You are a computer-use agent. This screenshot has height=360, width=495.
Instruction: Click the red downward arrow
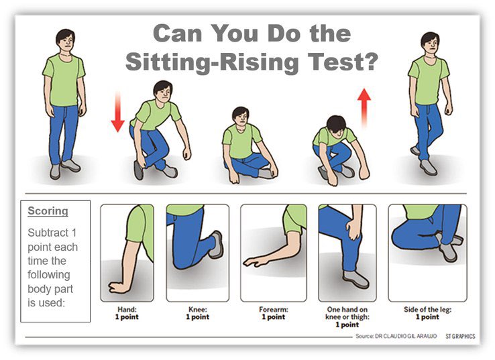point(118,112)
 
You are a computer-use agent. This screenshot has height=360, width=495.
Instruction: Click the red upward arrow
point(364,107)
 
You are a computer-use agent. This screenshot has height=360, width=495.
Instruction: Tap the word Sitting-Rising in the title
point(212,62)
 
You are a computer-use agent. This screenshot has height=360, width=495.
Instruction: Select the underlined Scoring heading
point(48,211)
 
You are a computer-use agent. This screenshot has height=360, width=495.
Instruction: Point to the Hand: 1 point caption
point(127,313)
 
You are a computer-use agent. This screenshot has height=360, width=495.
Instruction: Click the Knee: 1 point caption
point(198,313)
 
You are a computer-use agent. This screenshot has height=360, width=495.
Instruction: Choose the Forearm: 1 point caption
point(274,313)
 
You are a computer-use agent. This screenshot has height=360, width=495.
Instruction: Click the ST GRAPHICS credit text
point(460,337)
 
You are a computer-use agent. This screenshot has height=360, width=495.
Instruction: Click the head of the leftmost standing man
point(66,41)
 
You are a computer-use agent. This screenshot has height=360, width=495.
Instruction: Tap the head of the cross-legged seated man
point(241,117)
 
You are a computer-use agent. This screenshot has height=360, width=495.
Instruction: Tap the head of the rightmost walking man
point(430,44)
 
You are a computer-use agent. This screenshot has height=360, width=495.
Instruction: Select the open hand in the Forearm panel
point(256,261)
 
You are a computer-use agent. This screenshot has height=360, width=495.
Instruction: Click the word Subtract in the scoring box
point(48,233)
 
